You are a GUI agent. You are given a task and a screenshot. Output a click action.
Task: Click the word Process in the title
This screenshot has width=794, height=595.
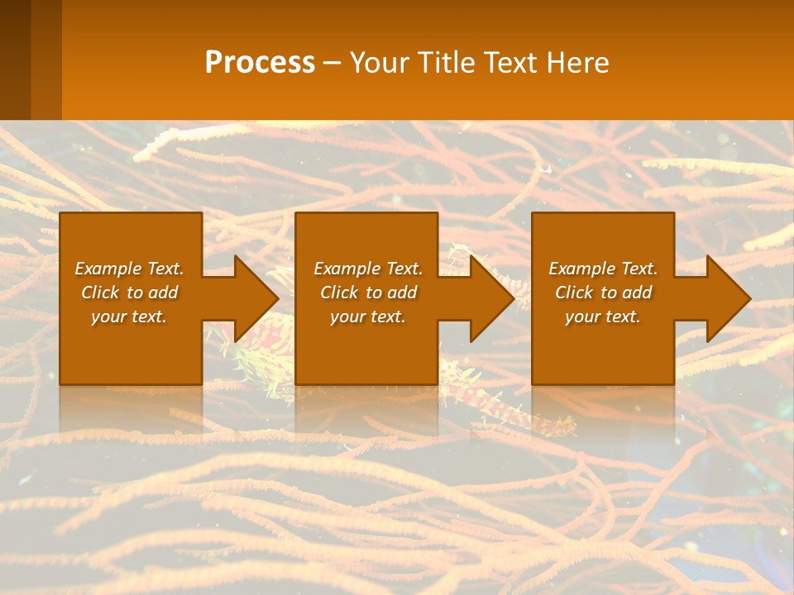pyautogui.click(x=260, y=62)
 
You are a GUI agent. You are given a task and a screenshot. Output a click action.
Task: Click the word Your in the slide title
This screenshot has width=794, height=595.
pyautogui.click(x=379, y=62)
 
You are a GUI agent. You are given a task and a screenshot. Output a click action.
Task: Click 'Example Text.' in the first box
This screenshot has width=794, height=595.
pyautogui.click(x=129, y=269)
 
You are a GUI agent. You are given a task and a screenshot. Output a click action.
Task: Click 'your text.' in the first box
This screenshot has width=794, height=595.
pyautogui.click(x=129, y=317)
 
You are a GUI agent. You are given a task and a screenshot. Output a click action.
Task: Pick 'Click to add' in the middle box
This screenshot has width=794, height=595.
pyautogui.click(x=368, y=293)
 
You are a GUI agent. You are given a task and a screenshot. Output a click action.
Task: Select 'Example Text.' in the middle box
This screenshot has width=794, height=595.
pyautogui.click(x=368, y=269)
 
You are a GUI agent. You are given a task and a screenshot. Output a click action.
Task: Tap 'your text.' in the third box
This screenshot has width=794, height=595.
pyautogui.click(x=603, y=317)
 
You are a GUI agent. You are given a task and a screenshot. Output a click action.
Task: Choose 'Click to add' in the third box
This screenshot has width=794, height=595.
pyautogui.click(x=603, y=293)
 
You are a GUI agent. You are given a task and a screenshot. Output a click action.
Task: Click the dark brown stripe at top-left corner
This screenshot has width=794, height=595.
pyautogui.click(x=15, y=58)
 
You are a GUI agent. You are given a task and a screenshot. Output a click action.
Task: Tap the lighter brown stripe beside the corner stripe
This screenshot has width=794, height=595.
pyautogui.click(x=46, y=58)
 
